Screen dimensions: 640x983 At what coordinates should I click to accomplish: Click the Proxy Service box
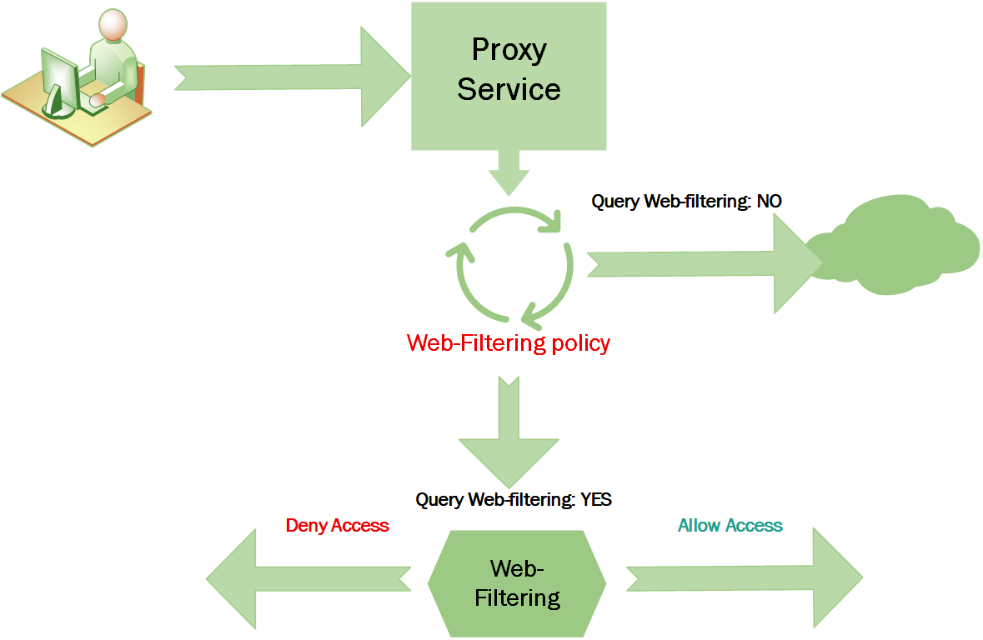coord(509,75)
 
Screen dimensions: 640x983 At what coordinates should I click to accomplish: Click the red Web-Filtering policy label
coord(509,342)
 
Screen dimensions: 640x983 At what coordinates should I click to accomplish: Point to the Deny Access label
coord(337,525)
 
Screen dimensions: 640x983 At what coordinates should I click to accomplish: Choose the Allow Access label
coord(730,525)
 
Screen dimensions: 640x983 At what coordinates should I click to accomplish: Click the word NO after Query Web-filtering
coord(770,201)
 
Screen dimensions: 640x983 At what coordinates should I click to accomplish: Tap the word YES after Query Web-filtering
coord(595,499)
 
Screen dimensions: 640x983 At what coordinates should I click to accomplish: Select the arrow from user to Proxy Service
coord(292,77)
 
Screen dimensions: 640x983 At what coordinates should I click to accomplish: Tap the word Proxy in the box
coord(509,50)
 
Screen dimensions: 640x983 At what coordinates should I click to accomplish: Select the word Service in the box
coord(509,88)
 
